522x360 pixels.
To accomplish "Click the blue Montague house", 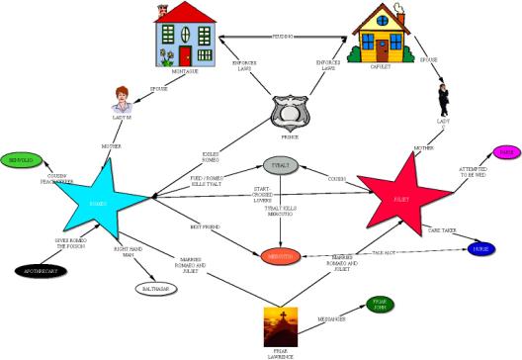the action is click(184, 37).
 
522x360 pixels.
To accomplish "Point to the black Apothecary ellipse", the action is click(39, 271).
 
